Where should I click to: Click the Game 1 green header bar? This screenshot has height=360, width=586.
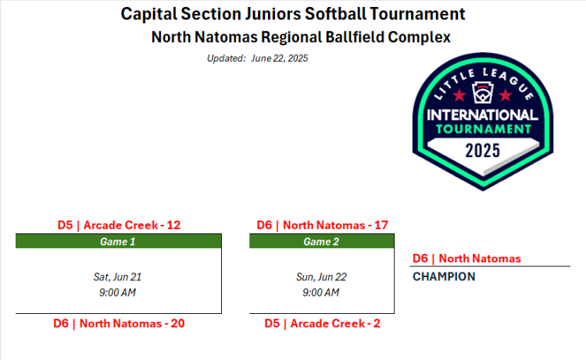tap(119, 241)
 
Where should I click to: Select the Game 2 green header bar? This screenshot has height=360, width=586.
tap(322, 241)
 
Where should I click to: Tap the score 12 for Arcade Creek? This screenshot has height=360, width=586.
tap(173, 225)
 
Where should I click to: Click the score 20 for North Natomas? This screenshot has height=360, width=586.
tap(177, 323)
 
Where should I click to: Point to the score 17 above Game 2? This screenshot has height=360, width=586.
tap(381, 225)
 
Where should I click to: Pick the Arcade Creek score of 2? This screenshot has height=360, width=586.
tap(377, 323)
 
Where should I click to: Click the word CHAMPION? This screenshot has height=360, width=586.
tap(444, 276)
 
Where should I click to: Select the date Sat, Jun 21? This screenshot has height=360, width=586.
tap(117, 277)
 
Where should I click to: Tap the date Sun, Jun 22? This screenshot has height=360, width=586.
tap(321, 277)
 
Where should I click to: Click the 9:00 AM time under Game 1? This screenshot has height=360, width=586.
tap(117, 292)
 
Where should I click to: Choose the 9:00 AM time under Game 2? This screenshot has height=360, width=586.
tap(321, 292)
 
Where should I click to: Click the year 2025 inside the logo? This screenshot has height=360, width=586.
tap(483, 151)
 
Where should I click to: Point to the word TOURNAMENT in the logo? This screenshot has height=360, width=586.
tap(483, 129)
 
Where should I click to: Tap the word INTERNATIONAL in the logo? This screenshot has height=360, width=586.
tap(483, 115)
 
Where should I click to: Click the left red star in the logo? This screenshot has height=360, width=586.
tap(459, 95)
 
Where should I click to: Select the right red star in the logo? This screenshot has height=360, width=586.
tap(506, 95)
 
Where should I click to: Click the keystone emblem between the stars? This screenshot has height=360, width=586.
tap(483, 93)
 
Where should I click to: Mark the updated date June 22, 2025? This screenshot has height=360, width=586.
tap(280, 59)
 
